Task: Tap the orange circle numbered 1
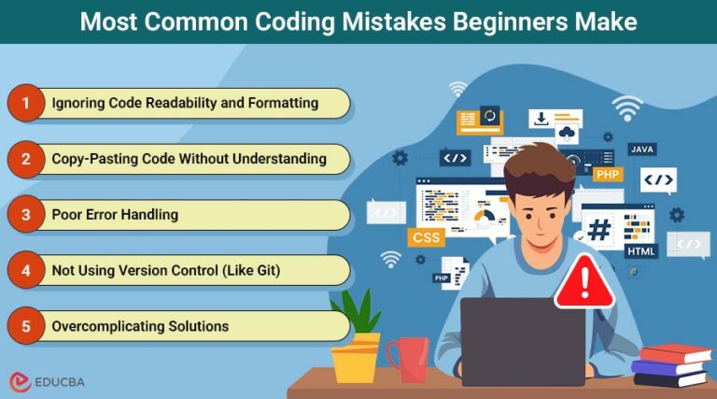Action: (x=25, y=103)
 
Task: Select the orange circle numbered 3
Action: (x=25, y=215)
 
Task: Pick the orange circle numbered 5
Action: (x=25, y=326)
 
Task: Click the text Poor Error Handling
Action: (x=115, y=215)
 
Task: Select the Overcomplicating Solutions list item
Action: (x=140, y=326)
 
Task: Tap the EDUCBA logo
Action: (x=47, y=381)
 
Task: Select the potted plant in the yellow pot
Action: (x=356, y=341)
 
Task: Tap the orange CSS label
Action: (x=425, y=237)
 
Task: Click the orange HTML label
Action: (x=642, y=251)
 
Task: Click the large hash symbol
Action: (x=598, y=229)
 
